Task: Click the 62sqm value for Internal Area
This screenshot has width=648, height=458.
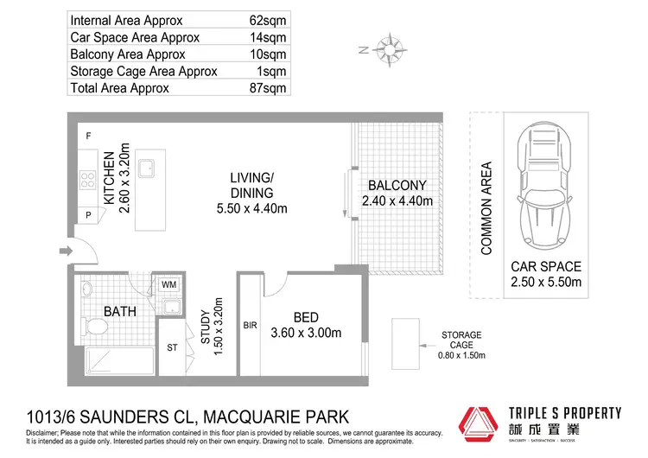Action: (x=269, y=20)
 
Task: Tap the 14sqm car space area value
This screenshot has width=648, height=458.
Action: (x=269, y=37)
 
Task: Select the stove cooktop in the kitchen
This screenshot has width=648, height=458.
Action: (x=88, y=181)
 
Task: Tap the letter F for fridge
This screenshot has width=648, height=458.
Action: (x=87, y=137)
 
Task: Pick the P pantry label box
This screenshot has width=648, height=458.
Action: (x=88, y=216)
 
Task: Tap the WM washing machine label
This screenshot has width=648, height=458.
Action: (x=168, y=283)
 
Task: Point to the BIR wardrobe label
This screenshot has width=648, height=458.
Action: (x=251, y=327)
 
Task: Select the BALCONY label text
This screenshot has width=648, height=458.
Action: (x=397, y=185)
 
